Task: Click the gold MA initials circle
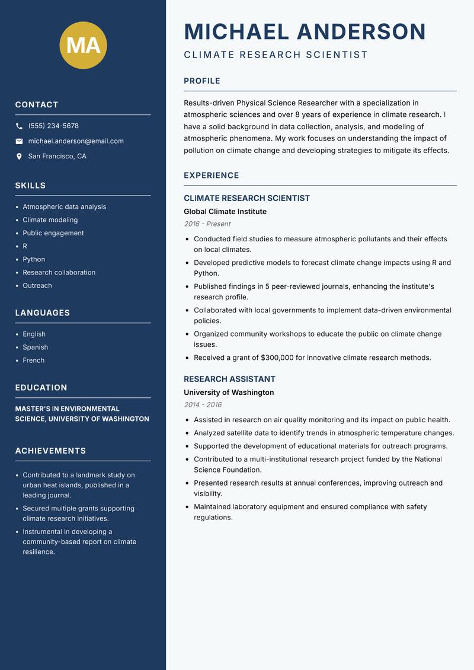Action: tap(84, 45)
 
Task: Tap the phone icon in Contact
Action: tap(19, 126)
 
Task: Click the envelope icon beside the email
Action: tap(19, 141)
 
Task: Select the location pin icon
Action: tap(19, 157)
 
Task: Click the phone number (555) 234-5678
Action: tap(53, 126)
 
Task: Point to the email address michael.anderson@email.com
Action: tap(76, 141)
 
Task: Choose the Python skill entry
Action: tap(34, 259)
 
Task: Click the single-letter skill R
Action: tap(25, 246)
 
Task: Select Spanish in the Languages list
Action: tap(35, 347)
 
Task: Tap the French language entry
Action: tap(33, 360)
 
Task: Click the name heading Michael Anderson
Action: tap(305, 31)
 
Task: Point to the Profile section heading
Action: tap(202, 81)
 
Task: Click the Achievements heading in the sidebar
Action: tap(50, 451)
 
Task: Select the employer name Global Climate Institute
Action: tap(225, 212)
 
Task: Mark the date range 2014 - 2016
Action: tap(203, 405)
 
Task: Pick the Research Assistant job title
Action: tap(229, 379)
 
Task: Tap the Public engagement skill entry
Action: tap(53, 233)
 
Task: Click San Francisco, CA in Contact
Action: tap(57, 157)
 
